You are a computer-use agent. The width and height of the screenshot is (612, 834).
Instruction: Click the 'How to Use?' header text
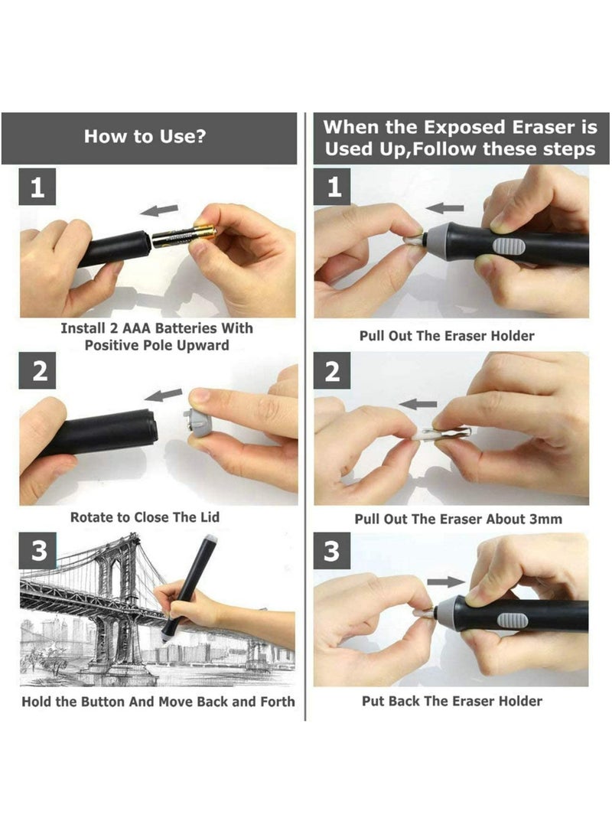coord(145,137)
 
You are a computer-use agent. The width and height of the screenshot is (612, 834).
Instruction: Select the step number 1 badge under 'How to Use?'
coord(37,187)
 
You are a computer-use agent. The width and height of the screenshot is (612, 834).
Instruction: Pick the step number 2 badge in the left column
coord(37,372)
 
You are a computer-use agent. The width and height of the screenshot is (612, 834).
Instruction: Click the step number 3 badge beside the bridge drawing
coord(37,551)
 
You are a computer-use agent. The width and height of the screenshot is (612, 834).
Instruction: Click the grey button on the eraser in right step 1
coord(507,246)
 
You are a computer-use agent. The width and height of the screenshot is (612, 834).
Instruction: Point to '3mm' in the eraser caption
coord(545,519)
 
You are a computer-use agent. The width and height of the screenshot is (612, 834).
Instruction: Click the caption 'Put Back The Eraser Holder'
coord(451,701)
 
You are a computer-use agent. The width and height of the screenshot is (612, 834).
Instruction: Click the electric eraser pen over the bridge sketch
coord(190,585)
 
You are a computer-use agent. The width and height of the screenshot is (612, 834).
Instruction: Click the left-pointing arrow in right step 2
coord(418,404)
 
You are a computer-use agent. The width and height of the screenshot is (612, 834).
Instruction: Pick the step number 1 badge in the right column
coord(333,187)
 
